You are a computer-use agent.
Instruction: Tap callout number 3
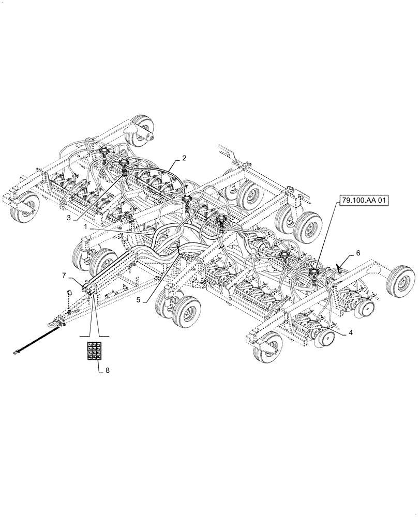click(x=68, y=218)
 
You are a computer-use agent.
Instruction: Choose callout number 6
click(x=357, y=254)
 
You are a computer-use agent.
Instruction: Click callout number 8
click(x=108, y=370)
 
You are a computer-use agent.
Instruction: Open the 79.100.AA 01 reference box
click(x=364, y=201)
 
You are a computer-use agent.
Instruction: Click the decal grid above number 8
click(x=95, y=351)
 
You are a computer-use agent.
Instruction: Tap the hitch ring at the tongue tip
click(x=52, y=324)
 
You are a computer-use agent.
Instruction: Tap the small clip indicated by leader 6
click(x=340, y=268)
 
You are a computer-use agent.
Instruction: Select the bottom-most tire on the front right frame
click(x=267, y=346)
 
